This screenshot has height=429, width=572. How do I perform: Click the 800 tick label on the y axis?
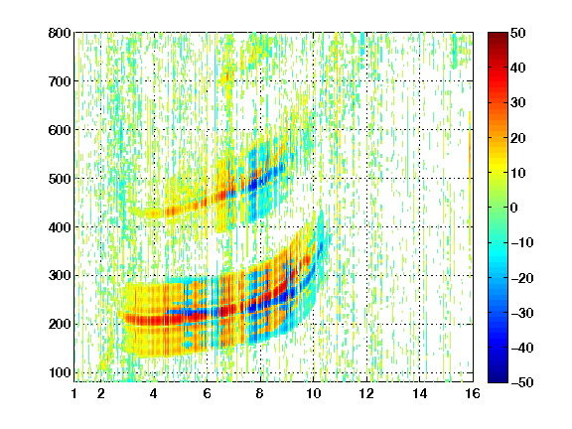click(x=60, y=33)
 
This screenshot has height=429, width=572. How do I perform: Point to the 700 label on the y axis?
click(x=60, y=81)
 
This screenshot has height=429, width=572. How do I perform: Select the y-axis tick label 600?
click(x=60, y=130)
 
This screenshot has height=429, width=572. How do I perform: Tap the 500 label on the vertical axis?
click(x=60, y=179)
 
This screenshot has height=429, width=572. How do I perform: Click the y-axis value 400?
click(x=60, y=227)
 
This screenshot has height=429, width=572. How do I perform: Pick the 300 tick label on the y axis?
click(x=60, y=275)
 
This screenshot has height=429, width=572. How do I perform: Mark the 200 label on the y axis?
click(x=60, y=324)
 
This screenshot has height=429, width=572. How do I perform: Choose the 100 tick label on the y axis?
click(x=60, y=372)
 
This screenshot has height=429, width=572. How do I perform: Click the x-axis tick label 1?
click(x=74, y=393)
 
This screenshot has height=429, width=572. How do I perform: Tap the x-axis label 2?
click(x=101, y=393)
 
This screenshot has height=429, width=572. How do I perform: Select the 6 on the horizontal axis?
click(x=207, y=393)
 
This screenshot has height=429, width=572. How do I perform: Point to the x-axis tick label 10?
click(x=313, y=393)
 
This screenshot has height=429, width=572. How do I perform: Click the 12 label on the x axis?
click(x=366, y=393)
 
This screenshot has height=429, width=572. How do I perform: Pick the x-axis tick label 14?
click(x=419, y=393)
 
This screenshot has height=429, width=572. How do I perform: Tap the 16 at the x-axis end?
click(x=473, y=393)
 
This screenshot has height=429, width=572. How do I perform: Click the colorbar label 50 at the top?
click(x=518, y=33)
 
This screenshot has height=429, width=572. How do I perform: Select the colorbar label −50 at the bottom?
click(x=522, y=382)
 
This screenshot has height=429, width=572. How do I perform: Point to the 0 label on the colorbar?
click(x=514, y=208)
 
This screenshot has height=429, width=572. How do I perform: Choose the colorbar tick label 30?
click(x=518, y=103)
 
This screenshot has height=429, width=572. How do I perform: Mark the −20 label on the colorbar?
click(x=522, y=278)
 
